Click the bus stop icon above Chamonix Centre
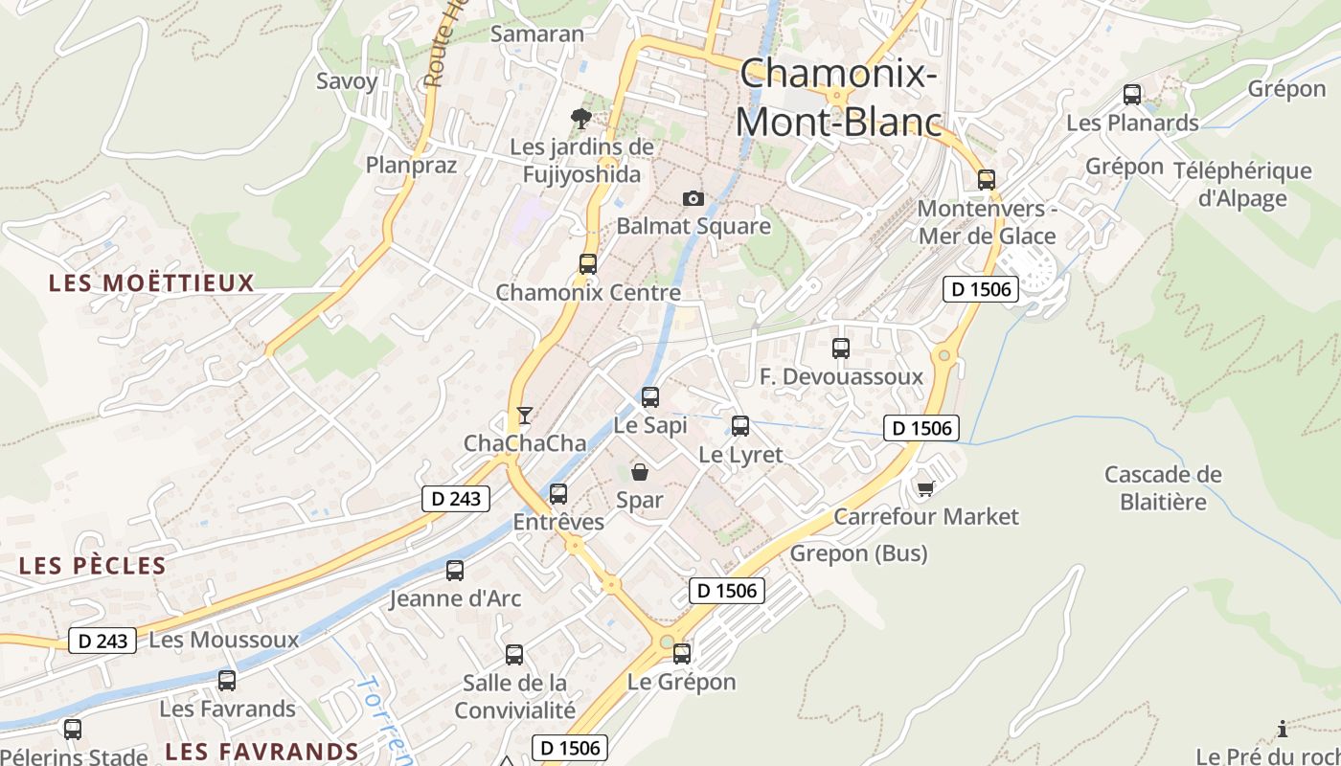tap(587, 264)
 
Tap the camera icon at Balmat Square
tap(693, 198)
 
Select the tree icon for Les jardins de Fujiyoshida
tap(580, 119)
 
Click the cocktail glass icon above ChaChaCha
tap(524, 415)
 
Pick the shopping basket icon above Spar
tap(640, 471)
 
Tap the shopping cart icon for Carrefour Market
tap(925, 488)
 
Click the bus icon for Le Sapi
tap(650, 396)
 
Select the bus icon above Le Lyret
tap(740, 426)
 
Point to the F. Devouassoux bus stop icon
tap(841, 349)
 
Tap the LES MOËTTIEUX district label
tap(151, 283)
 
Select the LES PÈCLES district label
tap(93, 566)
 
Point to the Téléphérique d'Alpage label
tap(1242, 185)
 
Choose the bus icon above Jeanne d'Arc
tap(455, 571)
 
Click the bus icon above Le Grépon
tap(682, 654)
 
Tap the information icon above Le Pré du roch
tap(1283, 730)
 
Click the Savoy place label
tap(347, 81)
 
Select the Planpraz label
tap(411, 165)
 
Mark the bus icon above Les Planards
tap(1132, 95)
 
